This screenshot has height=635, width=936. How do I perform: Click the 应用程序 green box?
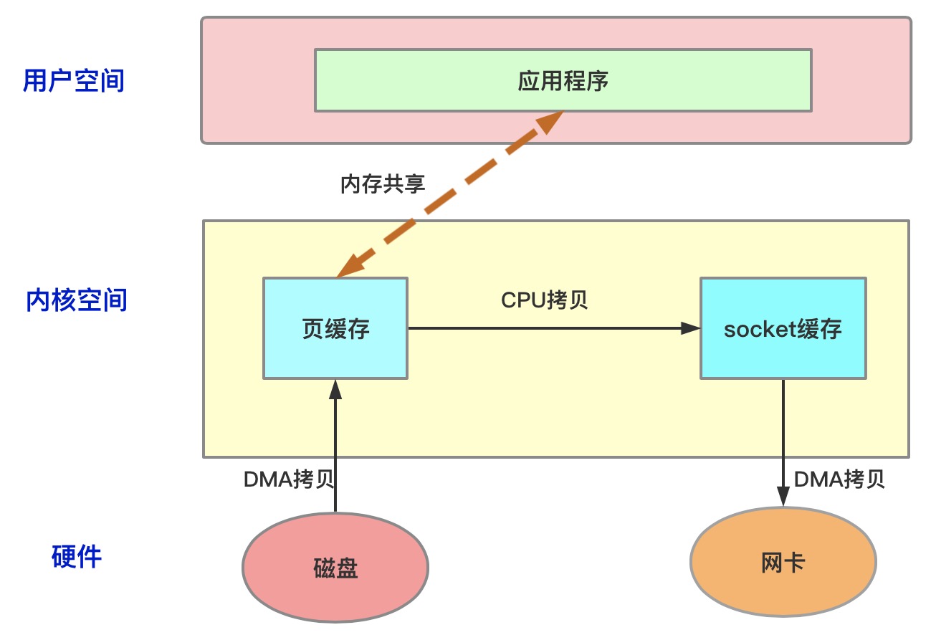click(x=563, y=80)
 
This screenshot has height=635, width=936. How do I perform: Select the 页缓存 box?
click(x=335, y=328)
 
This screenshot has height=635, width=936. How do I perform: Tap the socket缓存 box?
click(x=783, y=328)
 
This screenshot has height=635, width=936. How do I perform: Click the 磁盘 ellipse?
click(x=335, y=568)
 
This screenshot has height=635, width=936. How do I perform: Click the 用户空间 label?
click(x=74, y=80)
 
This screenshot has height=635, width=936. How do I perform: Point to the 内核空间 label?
click(x=77, y=300)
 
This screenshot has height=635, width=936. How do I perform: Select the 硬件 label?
click(x=77, y=556)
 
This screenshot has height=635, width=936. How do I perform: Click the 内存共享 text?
click(x=383, y=184)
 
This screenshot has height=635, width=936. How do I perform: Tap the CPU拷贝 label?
click(x=545, y=300)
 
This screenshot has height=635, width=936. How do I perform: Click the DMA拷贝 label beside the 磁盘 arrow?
click(x=289, y=479)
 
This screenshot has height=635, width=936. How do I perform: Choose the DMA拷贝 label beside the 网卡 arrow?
click(x=839, y=479)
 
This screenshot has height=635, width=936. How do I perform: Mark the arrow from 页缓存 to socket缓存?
click(x=545, y=328)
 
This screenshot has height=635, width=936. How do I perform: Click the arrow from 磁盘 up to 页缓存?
click(x=335, y=452)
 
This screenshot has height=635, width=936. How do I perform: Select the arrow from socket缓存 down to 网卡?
click(x=783, y=437)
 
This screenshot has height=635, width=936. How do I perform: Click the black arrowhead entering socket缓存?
click(x=691, y=328)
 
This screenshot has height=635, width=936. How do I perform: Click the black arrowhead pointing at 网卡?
click(x=783, y=498)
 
